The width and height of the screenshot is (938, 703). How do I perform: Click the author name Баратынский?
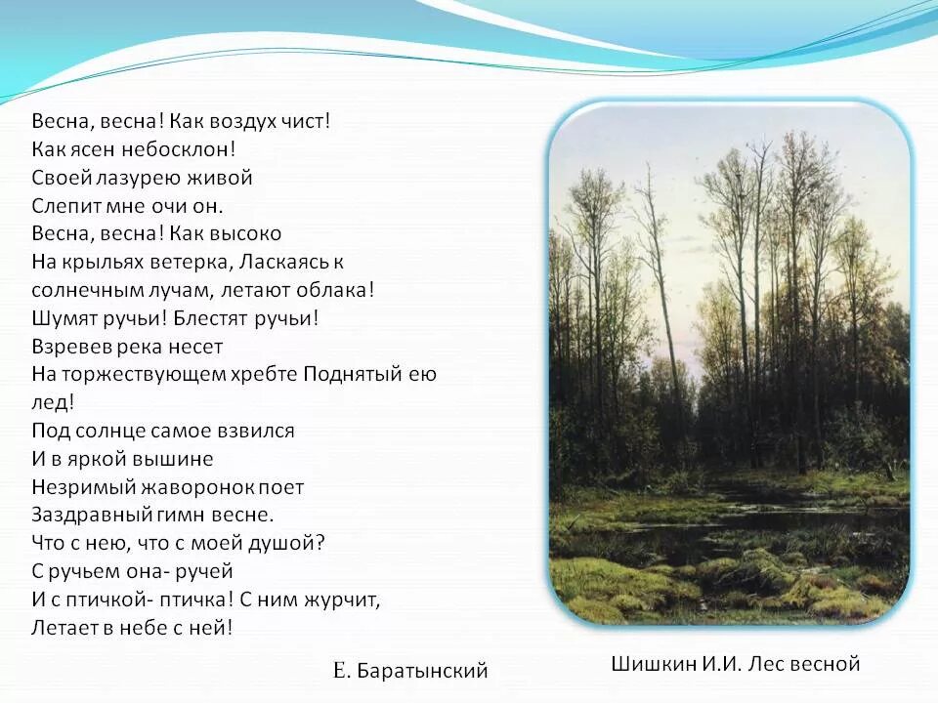tap(423, 670)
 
